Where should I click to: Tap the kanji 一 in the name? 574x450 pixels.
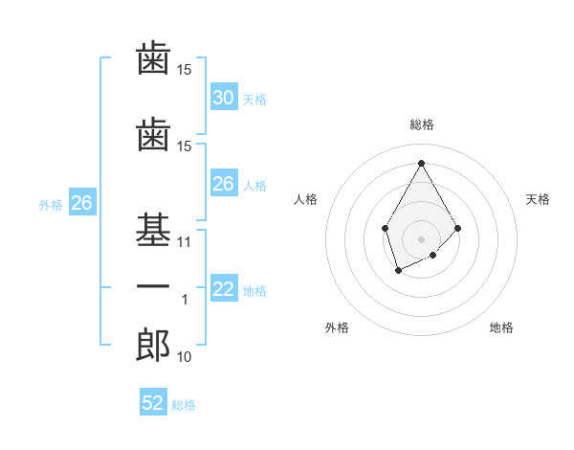click(153, 288)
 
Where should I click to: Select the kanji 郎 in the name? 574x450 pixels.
click(153, 346)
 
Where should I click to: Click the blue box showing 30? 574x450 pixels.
click(223, 98)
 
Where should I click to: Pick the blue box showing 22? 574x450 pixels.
click(223, 290)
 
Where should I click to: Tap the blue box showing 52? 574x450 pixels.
click(153, 403)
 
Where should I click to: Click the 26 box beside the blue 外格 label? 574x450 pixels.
click(81, 203)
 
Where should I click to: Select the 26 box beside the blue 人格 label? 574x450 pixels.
click(223, 184)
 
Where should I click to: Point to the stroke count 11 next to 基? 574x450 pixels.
click(185, 242)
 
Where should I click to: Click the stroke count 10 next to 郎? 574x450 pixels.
click(185, 357)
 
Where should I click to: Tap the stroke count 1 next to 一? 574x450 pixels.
click(185, 300)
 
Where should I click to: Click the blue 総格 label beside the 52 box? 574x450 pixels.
click(184, 405)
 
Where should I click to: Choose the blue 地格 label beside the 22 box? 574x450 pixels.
click(254, 291)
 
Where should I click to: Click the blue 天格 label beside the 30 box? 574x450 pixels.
click(254, 99)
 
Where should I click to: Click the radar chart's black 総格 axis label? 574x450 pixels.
click(421, 124)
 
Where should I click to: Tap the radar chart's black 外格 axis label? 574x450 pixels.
click(337, 327)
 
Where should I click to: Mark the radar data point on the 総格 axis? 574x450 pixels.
click(421, 162)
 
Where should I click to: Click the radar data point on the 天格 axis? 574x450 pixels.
click(458, 228)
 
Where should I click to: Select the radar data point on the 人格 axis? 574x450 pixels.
click(385, 228)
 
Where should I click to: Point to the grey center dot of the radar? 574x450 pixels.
click(421, 238)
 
